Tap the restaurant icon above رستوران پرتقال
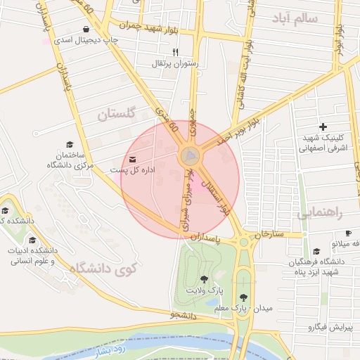(175, 52)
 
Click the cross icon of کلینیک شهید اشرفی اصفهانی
(323, 127)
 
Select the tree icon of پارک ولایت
(205, 279)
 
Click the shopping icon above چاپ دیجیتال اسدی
(86, 30)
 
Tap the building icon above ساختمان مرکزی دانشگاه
(70, 143)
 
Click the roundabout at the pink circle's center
(189, 156)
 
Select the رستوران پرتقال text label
(176, 63)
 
